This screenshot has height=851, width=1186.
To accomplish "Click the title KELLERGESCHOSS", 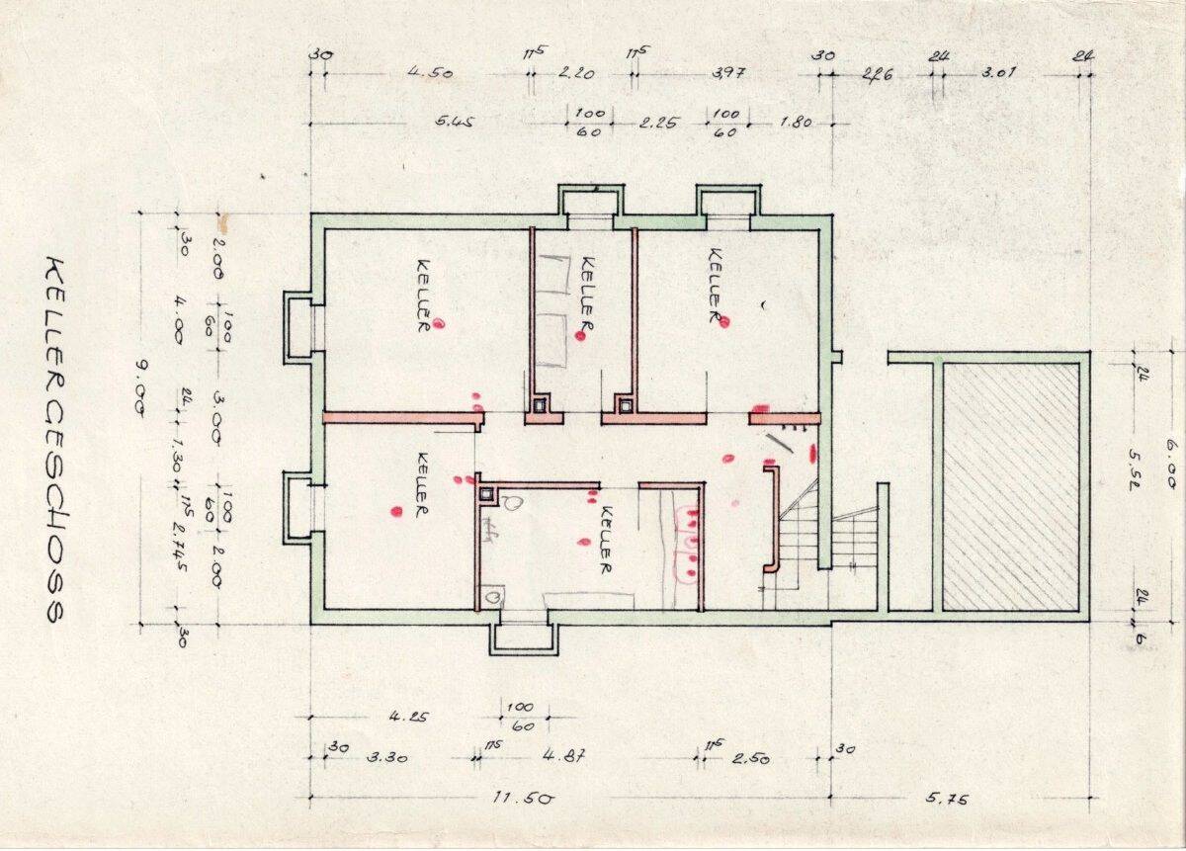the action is [54, 440].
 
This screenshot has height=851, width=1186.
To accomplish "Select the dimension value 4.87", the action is [564, 758].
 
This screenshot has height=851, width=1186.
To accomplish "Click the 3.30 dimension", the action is [387, 758].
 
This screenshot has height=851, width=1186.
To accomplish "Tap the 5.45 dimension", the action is [456, 123].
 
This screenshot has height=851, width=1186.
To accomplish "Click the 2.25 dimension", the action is [657, 123].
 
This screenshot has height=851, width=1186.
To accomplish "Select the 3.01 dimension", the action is [1000, 72].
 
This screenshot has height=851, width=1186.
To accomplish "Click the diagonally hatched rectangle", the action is [1009, 486].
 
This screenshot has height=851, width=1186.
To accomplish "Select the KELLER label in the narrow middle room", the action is [587, 294].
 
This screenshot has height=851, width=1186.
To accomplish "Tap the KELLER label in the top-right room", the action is [715, 284].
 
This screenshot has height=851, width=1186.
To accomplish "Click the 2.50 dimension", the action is [750, 758].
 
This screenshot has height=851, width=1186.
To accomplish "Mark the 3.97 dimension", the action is [726, 72].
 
